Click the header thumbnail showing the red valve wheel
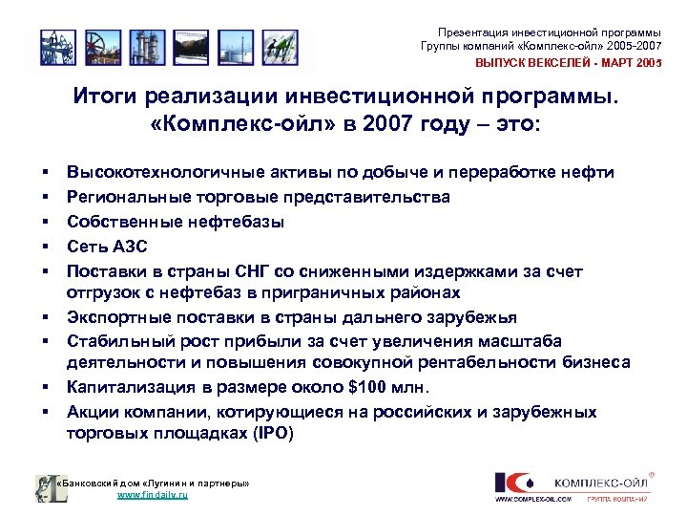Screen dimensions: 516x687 point(96,46)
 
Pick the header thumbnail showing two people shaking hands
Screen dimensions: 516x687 point(278,46)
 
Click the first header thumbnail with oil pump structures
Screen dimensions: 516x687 point(54,46)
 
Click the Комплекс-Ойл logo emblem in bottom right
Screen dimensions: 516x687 point(511,484)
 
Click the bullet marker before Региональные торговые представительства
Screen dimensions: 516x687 point(45,198)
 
